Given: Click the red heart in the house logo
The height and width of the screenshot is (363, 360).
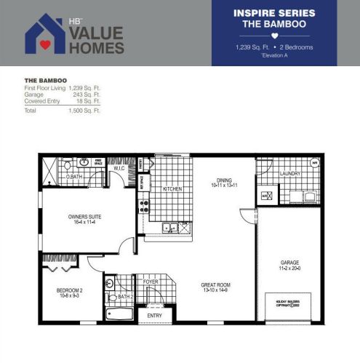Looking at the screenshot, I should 45,43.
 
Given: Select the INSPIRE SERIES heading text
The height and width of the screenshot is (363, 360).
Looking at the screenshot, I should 274,13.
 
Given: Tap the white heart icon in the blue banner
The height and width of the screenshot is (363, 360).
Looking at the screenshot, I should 274,35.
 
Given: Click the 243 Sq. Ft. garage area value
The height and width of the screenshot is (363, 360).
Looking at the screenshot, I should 87,93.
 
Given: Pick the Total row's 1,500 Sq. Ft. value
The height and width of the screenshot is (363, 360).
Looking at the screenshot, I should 85,111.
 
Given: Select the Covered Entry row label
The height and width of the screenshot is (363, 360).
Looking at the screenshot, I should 43,99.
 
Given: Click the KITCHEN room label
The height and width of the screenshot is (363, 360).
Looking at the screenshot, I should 172,188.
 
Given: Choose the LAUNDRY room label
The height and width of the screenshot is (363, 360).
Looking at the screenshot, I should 290,173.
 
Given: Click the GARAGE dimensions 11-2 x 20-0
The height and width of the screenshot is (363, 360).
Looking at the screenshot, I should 290,268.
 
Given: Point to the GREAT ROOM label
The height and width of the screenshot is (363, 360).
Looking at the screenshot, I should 215,285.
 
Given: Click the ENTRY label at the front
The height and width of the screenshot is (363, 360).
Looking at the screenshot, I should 155,315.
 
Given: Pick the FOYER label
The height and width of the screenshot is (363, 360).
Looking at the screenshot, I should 151,281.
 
